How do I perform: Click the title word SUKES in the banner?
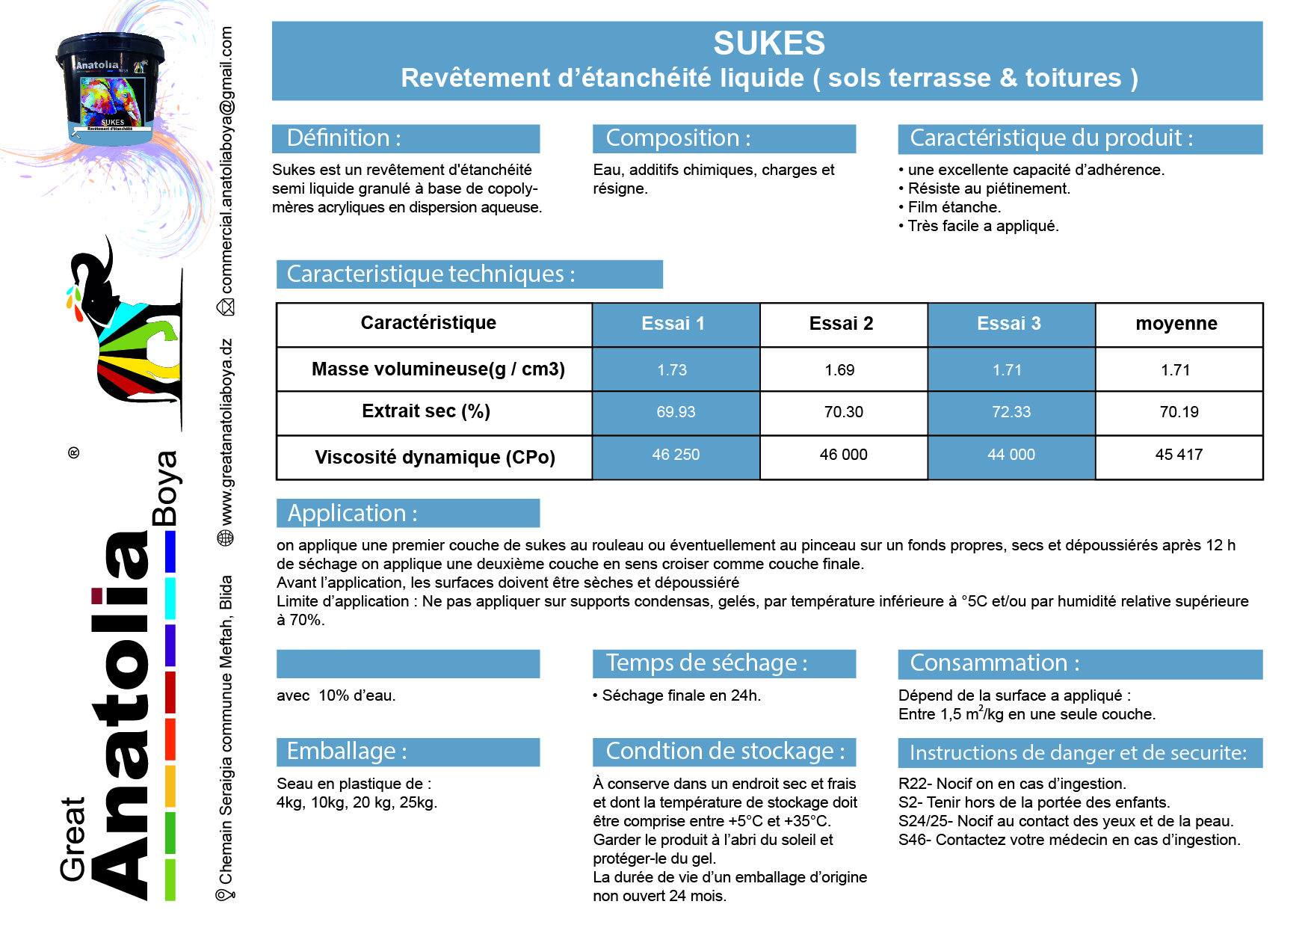[x=768, y=43]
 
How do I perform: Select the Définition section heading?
[x=344, y=138]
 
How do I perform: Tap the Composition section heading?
[x=678, y=138]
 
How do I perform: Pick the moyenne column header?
[x=1176, y=324]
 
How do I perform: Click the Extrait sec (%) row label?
[x=426, y=411]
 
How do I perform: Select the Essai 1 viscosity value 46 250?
[x=676, y=455]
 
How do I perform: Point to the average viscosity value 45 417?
[x=1179, y=455]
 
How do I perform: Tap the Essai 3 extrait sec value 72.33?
[x=1011, y=412]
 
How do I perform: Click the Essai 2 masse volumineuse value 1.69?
[x=839, y=370]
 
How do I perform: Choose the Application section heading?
[x=352, y=514]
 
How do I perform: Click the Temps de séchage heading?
[x=706, y=663]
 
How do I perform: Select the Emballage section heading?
[x=347, y=752]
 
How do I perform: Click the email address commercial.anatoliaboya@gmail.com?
[x=226, y=160]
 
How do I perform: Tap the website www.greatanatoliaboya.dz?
[x=226, y=432]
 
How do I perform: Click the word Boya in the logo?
[x=165, y=488]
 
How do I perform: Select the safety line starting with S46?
[x=1069, y=840]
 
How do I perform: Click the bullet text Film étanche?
[x=954, y=207]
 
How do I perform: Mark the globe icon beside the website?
[x=225, y=538]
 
